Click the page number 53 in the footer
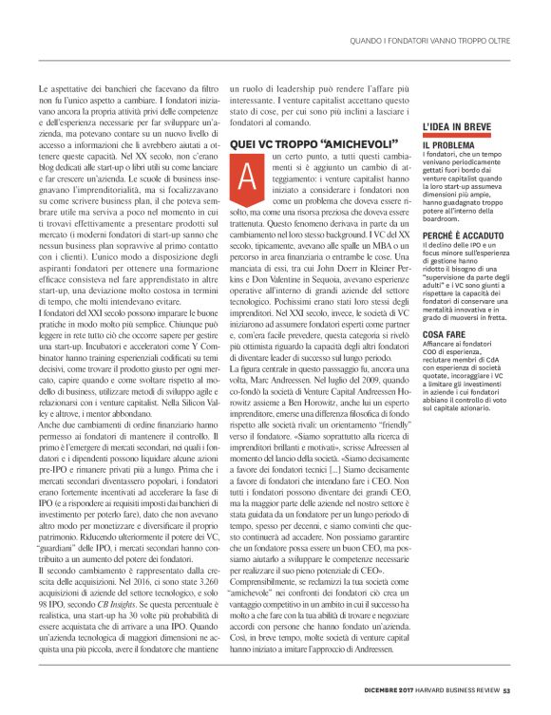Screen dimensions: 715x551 click(x=507, y=689)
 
